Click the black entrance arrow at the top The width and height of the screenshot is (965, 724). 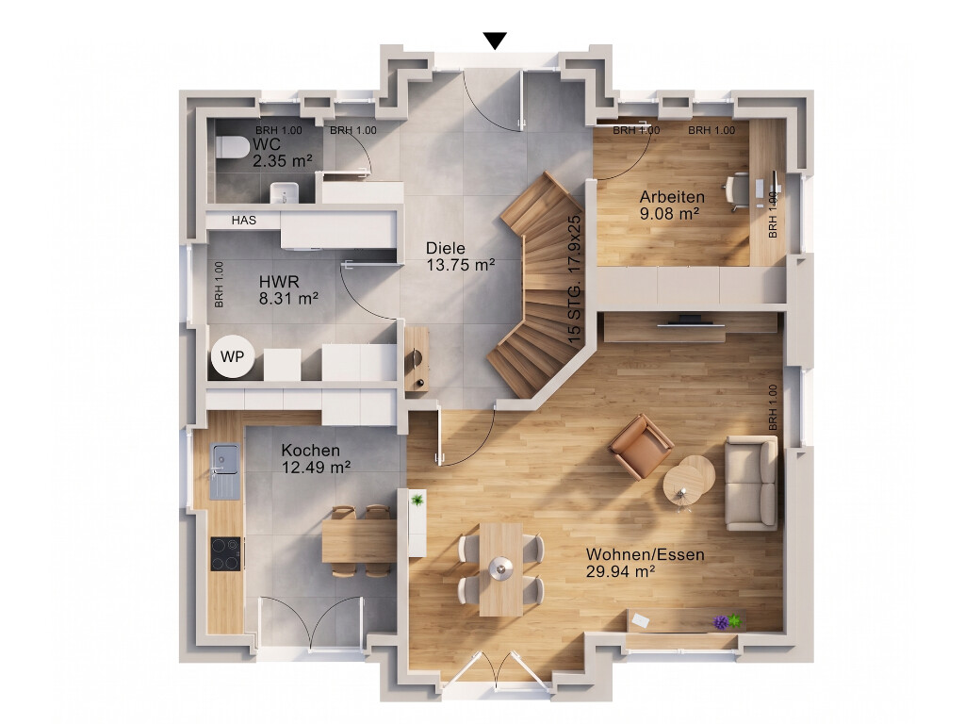click(495, 41)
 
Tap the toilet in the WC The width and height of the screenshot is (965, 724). click(231, 146)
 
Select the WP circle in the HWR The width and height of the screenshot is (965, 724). click(232, 356)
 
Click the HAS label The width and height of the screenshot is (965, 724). click(244, 220)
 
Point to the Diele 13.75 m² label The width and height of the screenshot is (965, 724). click(460, 256)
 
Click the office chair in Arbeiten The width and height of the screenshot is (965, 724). click(737, 192)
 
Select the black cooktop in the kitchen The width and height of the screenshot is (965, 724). click(226, 553)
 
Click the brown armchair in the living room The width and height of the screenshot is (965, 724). click(641, 446)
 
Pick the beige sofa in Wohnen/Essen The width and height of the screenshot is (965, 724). click(751, 483)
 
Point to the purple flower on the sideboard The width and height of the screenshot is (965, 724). click(721, 622)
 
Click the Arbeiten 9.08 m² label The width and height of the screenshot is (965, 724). click(671, 206)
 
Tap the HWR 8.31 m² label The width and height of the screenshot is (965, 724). click(288, 290)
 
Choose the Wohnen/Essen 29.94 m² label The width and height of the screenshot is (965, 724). click(645, 563)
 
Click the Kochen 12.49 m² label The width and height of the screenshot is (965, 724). click(316, 459)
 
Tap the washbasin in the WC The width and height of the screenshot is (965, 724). click(285, 192)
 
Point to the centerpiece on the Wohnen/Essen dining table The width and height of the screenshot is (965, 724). click(501, 568)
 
